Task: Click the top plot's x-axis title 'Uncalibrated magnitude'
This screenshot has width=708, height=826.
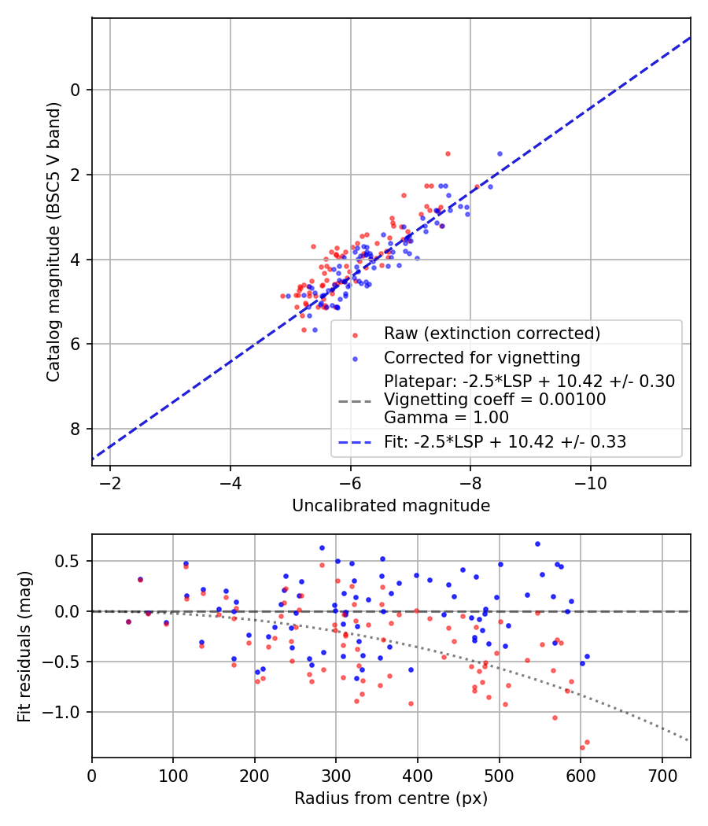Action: tap(391, 506)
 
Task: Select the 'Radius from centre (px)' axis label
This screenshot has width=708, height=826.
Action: tap(391, 798)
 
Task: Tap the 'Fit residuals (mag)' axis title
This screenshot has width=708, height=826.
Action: tap(24, 645)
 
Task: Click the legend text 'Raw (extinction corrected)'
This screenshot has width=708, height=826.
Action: tap(492, 334)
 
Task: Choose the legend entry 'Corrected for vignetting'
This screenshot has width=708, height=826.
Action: tap(481, 358)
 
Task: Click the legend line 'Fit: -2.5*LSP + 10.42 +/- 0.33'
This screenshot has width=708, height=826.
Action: tap(505, 442)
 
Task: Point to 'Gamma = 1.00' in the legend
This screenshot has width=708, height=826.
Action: tap(446, 418)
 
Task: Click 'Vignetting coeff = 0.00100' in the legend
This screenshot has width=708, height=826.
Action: tap(495, 400)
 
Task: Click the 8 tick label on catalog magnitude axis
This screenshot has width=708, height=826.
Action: tap(76, 429)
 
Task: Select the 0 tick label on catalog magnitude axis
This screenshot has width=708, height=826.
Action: tap(76, 90)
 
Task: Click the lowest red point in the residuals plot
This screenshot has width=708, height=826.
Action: tap(582, 747)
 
